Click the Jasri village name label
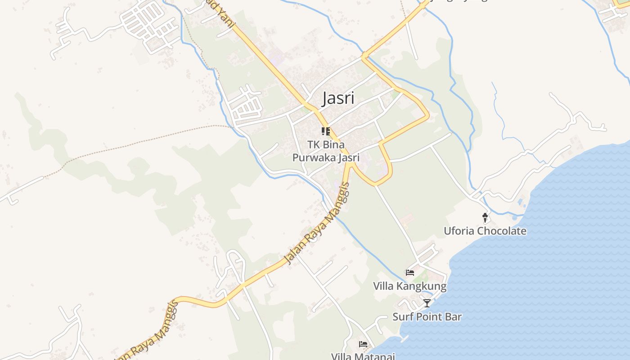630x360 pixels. pyautogui.click(x=338, y=99)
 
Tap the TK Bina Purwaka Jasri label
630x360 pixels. pyautogui.click(x=326, y=151)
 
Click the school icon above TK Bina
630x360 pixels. pyautogui.click(x=326, y=131)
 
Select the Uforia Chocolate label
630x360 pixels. pyautogui.click(x=485, y=231)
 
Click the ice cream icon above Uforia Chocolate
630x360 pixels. pyautogui.click(x=485, y=218)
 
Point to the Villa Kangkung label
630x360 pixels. pyautogui.click(x=409, y=286)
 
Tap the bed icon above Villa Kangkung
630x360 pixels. pyautogui.click(x=409, y=272)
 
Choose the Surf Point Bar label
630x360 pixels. pyautogui.click(x=427, y=317)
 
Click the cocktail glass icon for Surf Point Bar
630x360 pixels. pyautogui.click(x=427, y=303)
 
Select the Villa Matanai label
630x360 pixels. pyautogui.click(x=363, y=356)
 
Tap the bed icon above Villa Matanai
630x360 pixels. pyautogui.click(x=363, y=344)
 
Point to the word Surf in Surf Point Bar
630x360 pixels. pyautogui.click(x=402, y=317)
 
